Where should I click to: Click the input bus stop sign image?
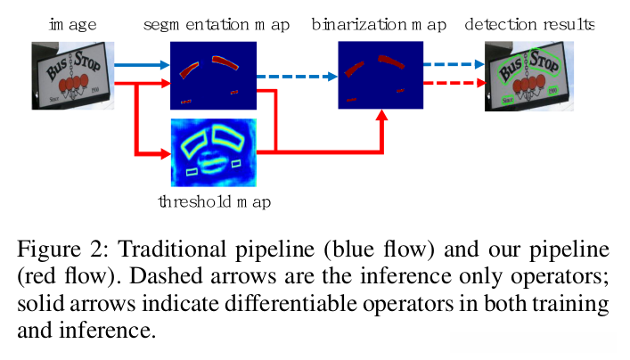tap(73, 76)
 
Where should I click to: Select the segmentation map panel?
tap(213, 76)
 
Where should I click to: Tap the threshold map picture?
tap(214, 152)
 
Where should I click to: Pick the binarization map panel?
tap(380, 75)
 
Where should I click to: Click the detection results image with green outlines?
tap(529, 76)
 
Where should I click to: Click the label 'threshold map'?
tap(215, 201)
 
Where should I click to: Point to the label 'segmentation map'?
tap(217, 25)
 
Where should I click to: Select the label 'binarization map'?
tap(379, 25)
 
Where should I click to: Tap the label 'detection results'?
tap(529, 25)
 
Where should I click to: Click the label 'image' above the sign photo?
tap(73, 25)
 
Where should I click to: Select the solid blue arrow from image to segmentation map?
tap(143, 65)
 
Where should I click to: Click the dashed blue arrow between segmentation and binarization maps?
tap(297, 77)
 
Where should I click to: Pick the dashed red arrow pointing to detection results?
tap(454, 83)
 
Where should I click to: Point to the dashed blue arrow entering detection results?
tap(454, 64)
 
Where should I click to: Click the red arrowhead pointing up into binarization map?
tap(382, 115)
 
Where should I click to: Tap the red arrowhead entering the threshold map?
tap(166, 153)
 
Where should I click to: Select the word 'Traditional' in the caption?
tap(172, 250)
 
